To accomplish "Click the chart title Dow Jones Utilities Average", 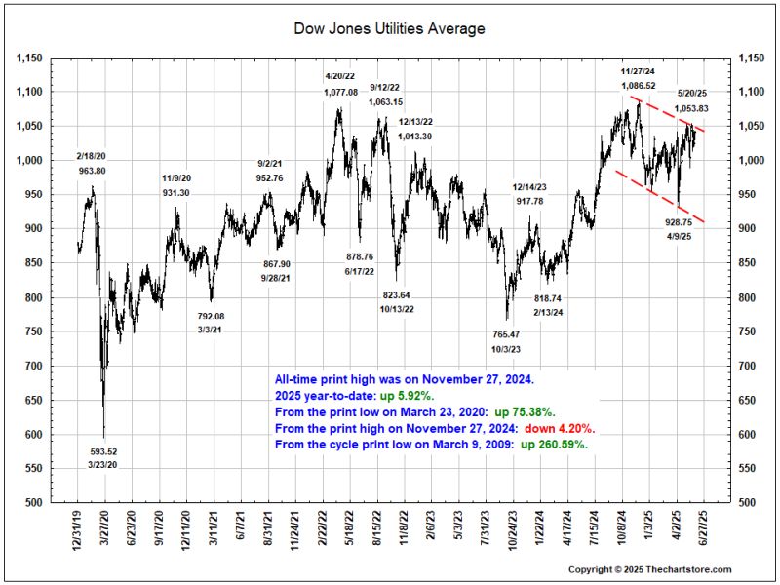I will (x=389, y=29).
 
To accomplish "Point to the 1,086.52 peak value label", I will (x=639, y=86).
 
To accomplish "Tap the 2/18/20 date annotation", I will (x=93, y=156).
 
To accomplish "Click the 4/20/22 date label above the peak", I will (x=341, y=76).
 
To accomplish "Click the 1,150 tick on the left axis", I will (x=31, y=58).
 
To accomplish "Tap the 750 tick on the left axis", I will (x=35, y=331).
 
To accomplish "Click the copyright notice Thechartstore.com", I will (x=649, y=569).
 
